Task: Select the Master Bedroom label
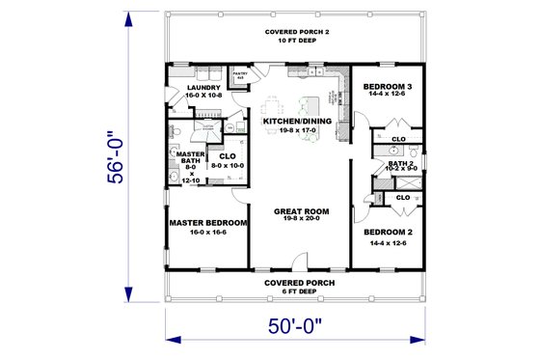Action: coord(208,222)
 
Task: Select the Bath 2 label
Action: coord(400,163)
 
